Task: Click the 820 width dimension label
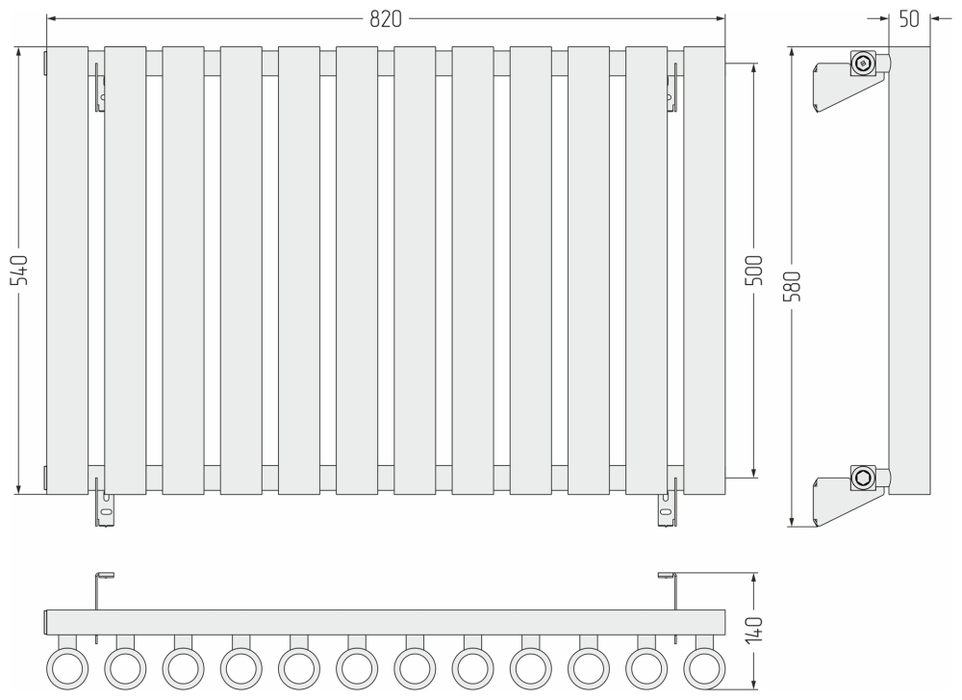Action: (386, 19)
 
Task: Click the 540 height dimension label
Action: (19, 271)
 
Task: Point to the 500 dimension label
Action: (753, 271)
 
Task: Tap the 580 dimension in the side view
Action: (792, 286)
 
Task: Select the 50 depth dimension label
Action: (909, 19)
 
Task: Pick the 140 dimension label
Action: (753, 630)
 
